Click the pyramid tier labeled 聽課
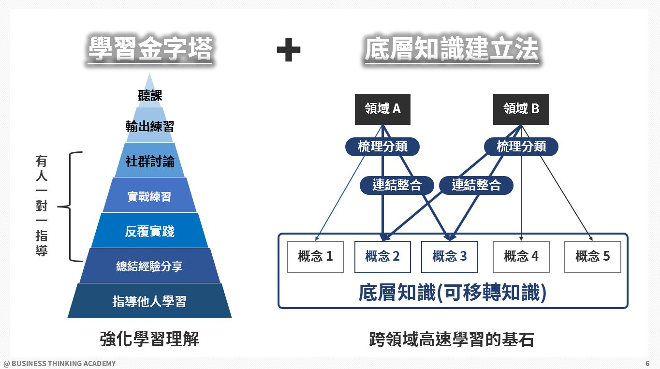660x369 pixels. [x=150, y=95]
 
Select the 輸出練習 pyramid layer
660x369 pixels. [x=150, y=126]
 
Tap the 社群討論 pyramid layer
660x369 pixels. [x=150, y=161]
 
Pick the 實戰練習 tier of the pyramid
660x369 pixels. [x=149, y=196]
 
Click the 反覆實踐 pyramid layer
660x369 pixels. [x=149, y=231]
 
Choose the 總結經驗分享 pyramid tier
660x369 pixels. [x=149, y=266]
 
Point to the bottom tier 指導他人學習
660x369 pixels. [x=149, y=301]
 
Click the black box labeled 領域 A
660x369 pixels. [x=382, y=109]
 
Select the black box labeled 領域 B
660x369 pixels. [x=521, y=109]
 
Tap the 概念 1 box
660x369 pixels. [x=315, y=256]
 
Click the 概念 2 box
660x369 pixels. [x=382, y=256]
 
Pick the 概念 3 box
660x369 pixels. [x=449, y=256]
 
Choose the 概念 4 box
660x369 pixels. [x=521, y=256]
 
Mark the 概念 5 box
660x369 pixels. [x=592, y=256]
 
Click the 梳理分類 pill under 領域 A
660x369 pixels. [x=382, y=147]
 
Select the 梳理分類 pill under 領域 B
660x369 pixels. [x=521, y=147]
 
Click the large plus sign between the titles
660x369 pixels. [x=288, y=50]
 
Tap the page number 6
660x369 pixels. [x=647, y=363]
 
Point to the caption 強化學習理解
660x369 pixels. [x=149, y=339]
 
